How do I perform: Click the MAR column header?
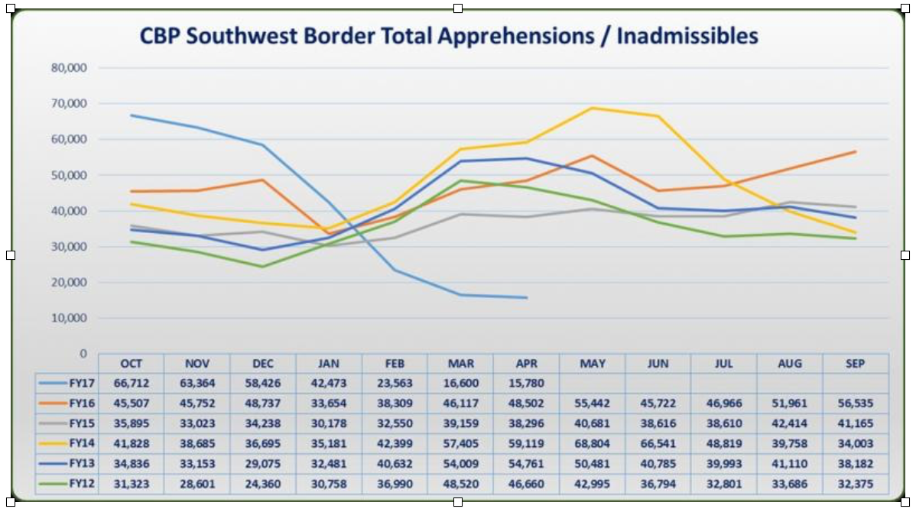(x=460, y=364)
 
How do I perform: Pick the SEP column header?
(x=855, y=364)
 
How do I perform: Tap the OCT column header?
(x=131, y=364)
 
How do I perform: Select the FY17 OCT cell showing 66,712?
(x=131, y=382)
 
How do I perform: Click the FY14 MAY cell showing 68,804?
(x=593, y=444)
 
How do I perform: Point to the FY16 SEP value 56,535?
(x=855, y=403)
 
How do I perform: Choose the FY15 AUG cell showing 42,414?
(x=789, y=423)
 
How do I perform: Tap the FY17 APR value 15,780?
(x=526, y=382)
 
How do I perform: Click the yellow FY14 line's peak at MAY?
(x=593, y=108)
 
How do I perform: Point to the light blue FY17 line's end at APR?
(x=526, y=297)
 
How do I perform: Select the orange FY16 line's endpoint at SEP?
(x=855, y=151)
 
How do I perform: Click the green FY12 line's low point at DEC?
(x=262, y=267)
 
